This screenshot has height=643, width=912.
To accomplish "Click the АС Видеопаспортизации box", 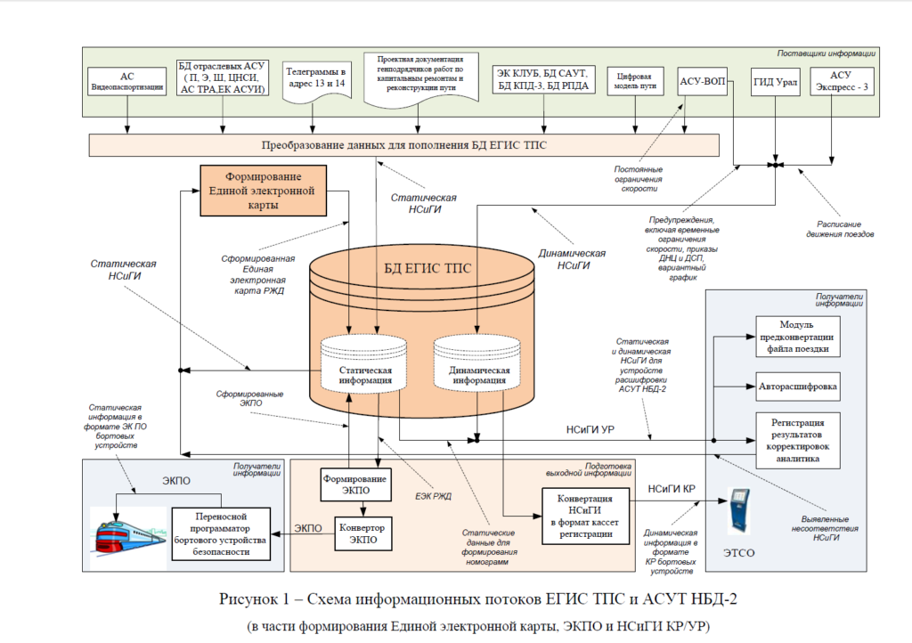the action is [x=126, y=81].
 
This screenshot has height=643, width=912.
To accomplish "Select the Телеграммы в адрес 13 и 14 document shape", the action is [x=316, y=81].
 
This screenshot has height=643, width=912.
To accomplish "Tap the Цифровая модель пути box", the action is [x=635, y=81].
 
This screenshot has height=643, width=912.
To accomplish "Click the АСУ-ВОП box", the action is [x=703, y=81].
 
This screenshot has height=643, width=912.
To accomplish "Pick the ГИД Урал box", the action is [x=776, y=82].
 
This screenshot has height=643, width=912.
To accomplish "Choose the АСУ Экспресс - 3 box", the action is [x=842, y=82].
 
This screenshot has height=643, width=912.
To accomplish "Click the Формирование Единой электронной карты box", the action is [x=263, y=191].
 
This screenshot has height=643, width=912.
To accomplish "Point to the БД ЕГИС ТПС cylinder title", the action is [x=427, y=268].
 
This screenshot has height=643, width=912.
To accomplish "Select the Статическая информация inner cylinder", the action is [x=364, y=363].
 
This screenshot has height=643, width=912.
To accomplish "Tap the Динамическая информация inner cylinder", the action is [x=477, y=363].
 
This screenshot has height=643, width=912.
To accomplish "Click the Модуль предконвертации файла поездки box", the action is [x=798, y=337].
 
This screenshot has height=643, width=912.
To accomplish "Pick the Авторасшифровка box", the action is [x=798, y=387].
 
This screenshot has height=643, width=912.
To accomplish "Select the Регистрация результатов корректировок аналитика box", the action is [x=798, y=440].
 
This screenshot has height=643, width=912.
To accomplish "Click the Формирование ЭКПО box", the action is [x=355, y=484].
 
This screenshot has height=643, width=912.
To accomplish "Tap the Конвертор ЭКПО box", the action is [x=362, y=533].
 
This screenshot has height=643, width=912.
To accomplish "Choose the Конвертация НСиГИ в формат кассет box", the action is [x=586, y=517].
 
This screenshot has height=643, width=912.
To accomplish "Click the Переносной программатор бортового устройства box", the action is [x=221, y=533].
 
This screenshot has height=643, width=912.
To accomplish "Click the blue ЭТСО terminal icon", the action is [x=738, y=511].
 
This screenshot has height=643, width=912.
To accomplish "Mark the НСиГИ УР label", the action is [x=590, y=430].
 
